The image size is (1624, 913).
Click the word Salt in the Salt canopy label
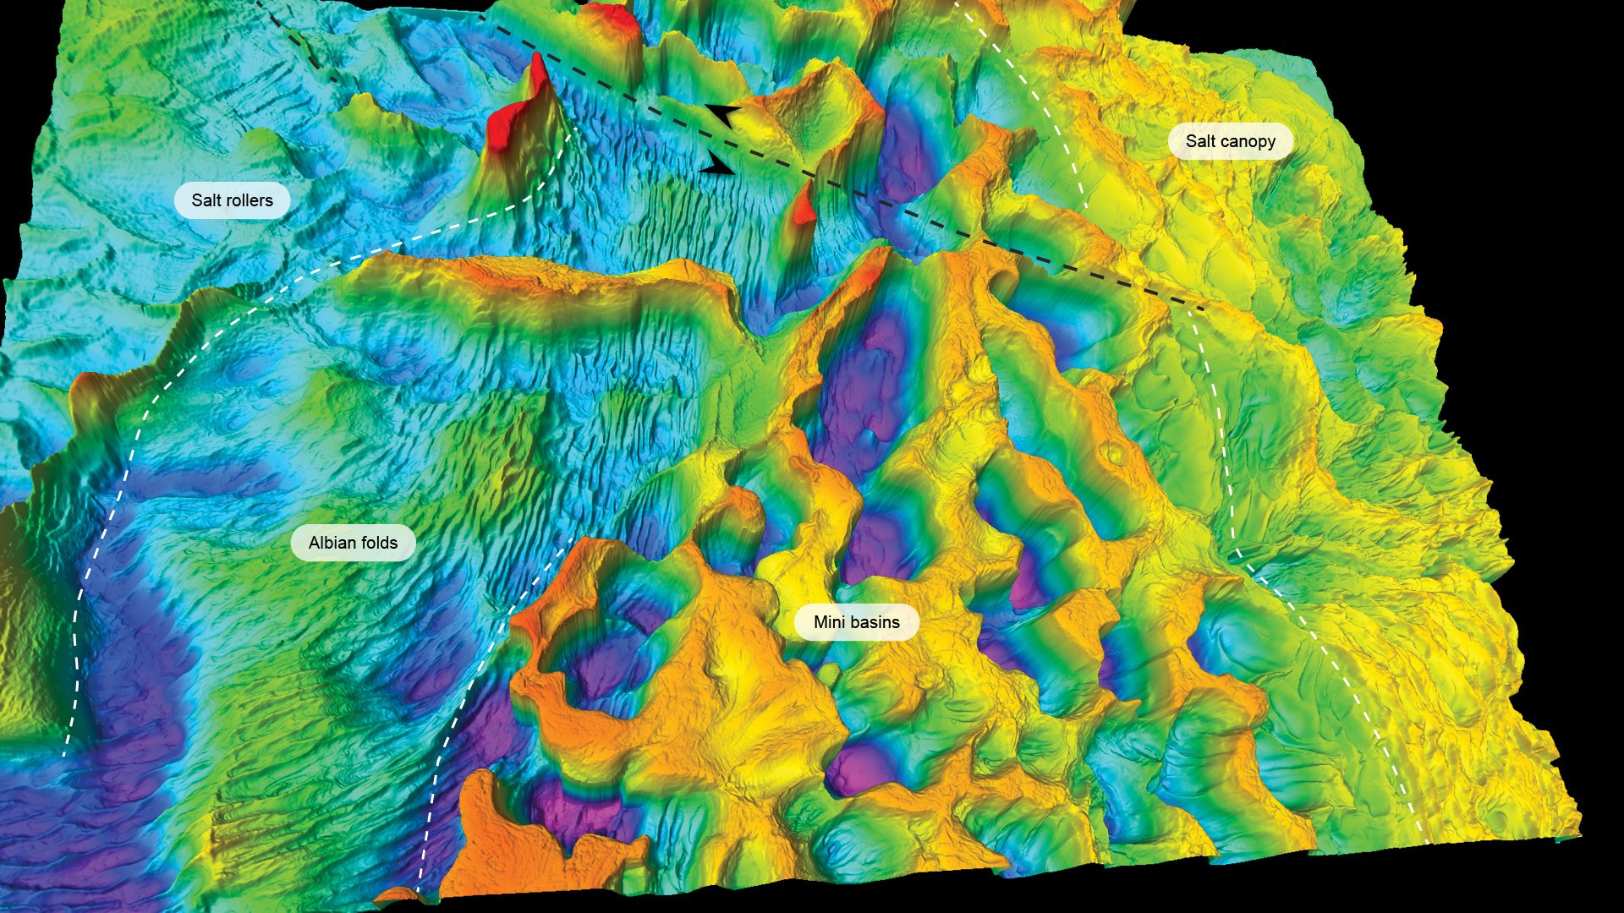[x=1200, y=141]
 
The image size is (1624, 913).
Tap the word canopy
[x=1248, y=142]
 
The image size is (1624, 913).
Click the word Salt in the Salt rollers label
[x=206, y=200]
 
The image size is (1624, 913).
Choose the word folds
[x=379, y=543]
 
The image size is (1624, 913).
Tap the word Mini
[x=829, y=622]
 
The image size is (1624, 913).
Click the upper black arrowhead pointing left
[x=722, y=113]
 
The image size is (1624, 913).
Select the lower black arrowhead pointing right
[x=718, y=167]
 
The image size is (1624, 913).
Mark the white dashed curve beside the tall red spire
[x=541, y=191]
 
